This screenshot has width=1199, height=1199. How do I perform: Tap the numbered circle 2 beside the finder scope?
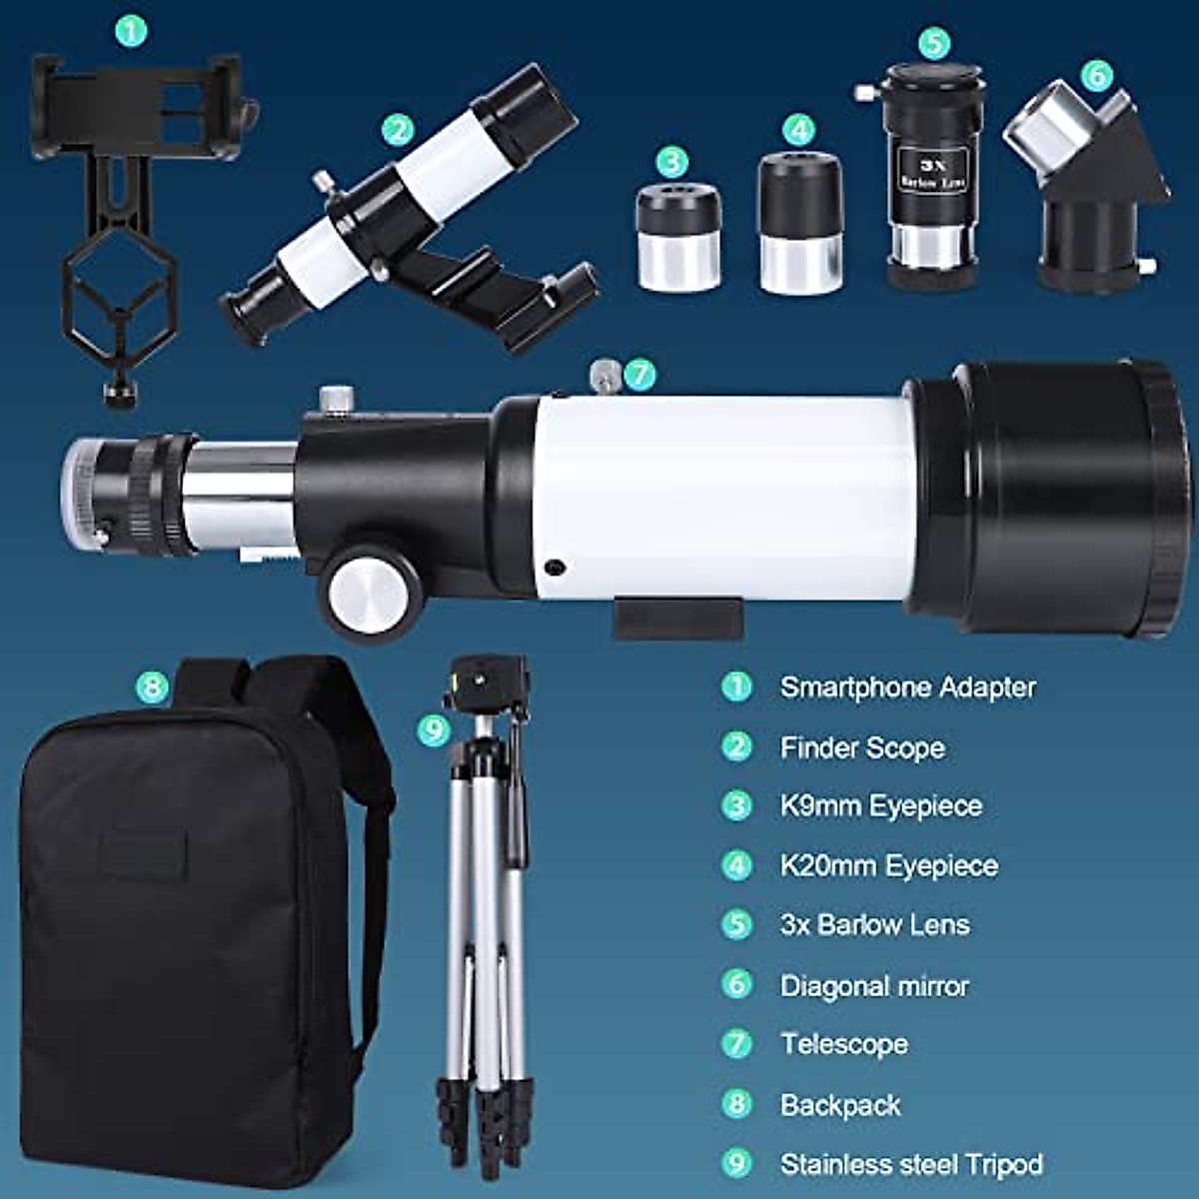pyautogui.click(x=398, y=130)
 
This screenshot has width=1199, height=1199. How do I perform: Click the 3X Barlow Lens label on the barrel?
pyautogui.click(x=934, y=171)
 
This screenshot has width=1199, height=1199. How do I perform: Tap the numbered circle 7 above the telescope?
pyautogui.click(x=639, y=376)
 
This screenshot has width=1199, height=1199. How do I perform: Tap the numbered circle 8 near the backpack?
pyautogui.click(x=152, y=686)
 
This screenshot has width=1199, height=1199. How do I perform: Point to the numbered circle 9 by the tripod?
pyautogui.click(x=434, y=730)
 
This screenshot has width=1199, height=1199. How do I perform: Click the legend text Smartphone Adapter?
pyautogui.click(x=907, y=687)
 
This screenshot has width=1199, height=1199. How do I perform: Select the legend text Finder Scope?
pyautogui.click(x=862, y=747)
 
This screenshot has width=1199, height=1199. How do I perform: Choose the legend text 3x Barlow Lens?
pyautogui.click(x=874, y=924)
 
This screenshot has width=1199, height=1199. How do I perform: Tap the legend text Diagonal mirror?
pyautogui.click(x=874, y=986)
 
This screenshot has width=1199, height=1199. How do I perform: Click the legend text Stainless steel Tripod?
pyautogui.click(x=911, y=1164)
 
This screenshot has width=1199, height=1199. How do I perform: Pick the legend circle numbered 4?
pyautogui.click(x=736, y=865)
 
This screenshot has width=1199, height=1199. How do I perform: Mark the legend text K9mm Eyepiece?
pyautogui.click(x=881, y=806)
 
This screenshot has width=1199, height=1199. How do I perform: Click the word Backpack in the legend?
pyautogui.click(x=840, y=1105)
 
